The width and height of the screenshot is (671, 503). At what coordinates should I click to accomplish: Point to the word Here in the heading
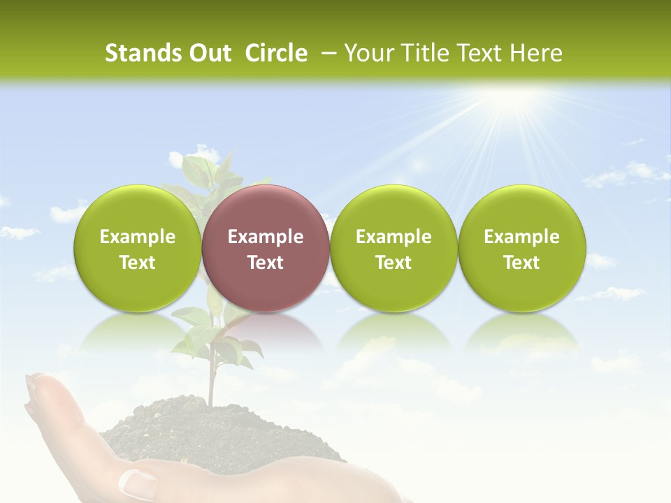coord(536,53)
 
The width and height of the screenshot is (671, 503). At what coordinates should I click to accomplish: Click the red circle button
coord(266,248)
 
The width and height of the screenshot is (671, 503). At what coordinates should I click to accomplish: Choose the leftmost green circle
coord(138,248)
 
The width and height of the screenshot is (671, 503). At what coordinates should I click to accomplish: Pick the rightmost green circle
coord(522,248)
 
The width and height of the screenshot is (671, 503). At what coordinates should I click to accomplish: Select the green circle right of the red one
coord(394,248)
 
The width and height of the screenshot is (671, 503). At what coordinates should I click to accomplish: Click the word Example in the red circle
coord(266,237)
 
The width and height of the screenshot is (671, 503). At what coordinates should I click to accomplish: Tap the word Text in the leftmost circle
coord(138,263)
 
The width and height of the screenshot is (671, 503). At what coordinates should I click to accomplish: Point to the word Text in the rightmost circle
coord(522,263)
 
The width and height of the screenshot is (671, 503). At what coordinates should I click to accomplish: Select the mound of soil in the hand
coord(210,430)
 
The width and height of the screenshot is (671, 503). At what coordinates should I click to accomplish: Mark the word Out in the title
coord(209,53)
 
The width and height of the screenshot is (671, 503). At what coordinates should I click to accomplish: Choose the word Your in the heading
coord(366,53)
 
